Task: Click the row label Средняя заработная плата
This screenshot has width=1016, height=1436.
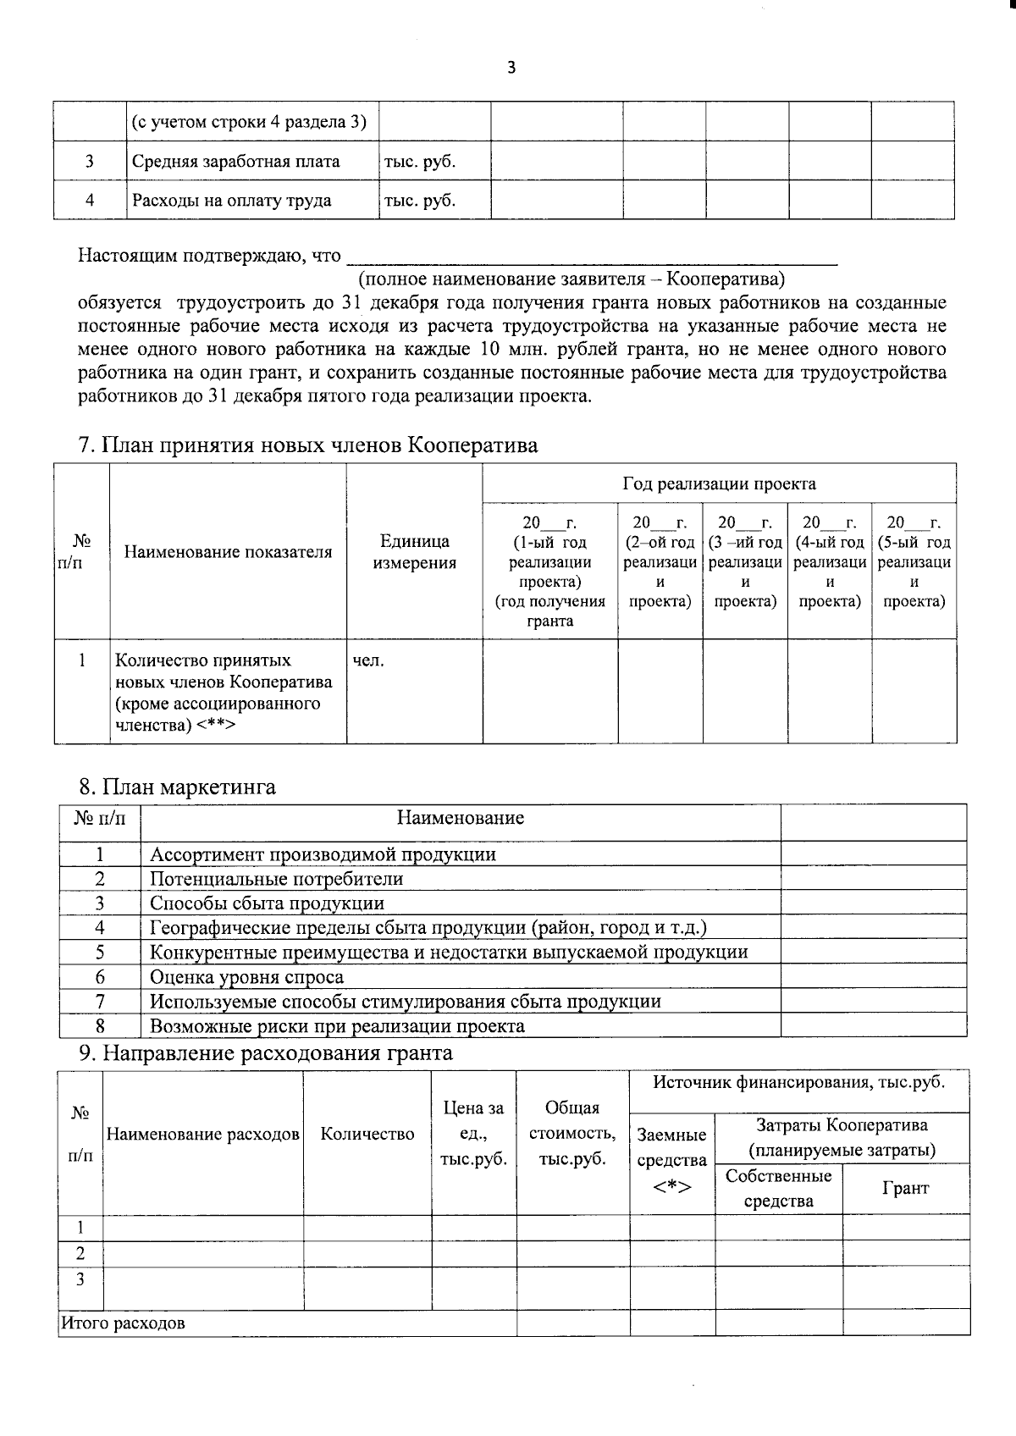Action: point(235,162)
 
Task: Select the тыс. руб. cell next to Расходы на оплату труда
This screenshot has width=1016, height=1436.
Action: point(420,201)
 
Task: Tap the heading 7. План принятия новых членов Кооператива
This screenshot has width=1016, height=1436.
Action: point(308,445)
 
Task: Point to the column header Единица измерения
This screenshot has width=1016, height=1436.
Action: point(414,552)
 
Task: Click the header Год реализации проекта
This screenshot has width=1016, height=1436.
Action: point(719,484)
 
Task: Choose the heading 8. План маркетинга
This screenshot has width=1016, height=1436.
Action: point(177,787)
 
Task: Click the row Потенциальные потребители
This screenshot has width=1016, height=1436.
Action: point(276,879)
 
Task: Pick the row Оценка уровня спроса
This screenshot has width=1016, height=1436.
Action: point(246,977)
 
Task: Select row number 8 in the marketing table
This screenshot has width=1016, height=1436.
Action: point(100,1026)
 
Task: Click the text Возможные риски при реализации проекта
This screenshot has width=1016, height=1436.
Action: point(337,1026)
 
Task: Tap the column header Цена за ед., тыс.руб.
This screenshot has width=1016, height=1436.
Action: point(473,1134)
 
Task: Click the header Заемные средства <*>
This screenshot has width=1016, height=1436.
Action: point(671,1160)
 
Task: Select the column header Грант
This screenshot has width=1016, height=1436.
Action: point(905,1188)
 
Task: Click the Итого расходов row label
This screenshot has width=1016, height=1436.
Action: point(123,1323)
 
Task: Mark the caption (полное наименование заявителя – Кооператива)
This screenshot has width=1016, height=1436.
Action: point(571,279)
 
